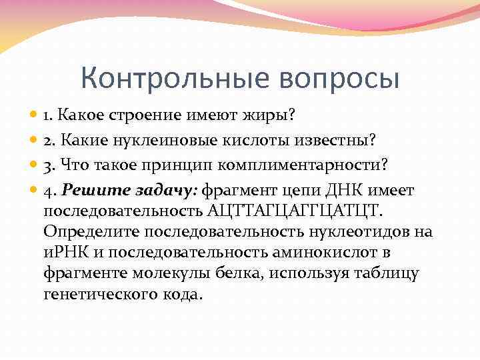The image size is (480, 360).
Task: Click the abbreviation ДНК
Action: pos(339,191)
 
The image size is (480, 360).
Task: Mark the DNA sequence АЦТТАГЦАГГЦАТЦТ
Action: pos(297,211)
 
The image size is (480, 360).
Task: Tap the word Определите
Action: pos(89,231)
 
